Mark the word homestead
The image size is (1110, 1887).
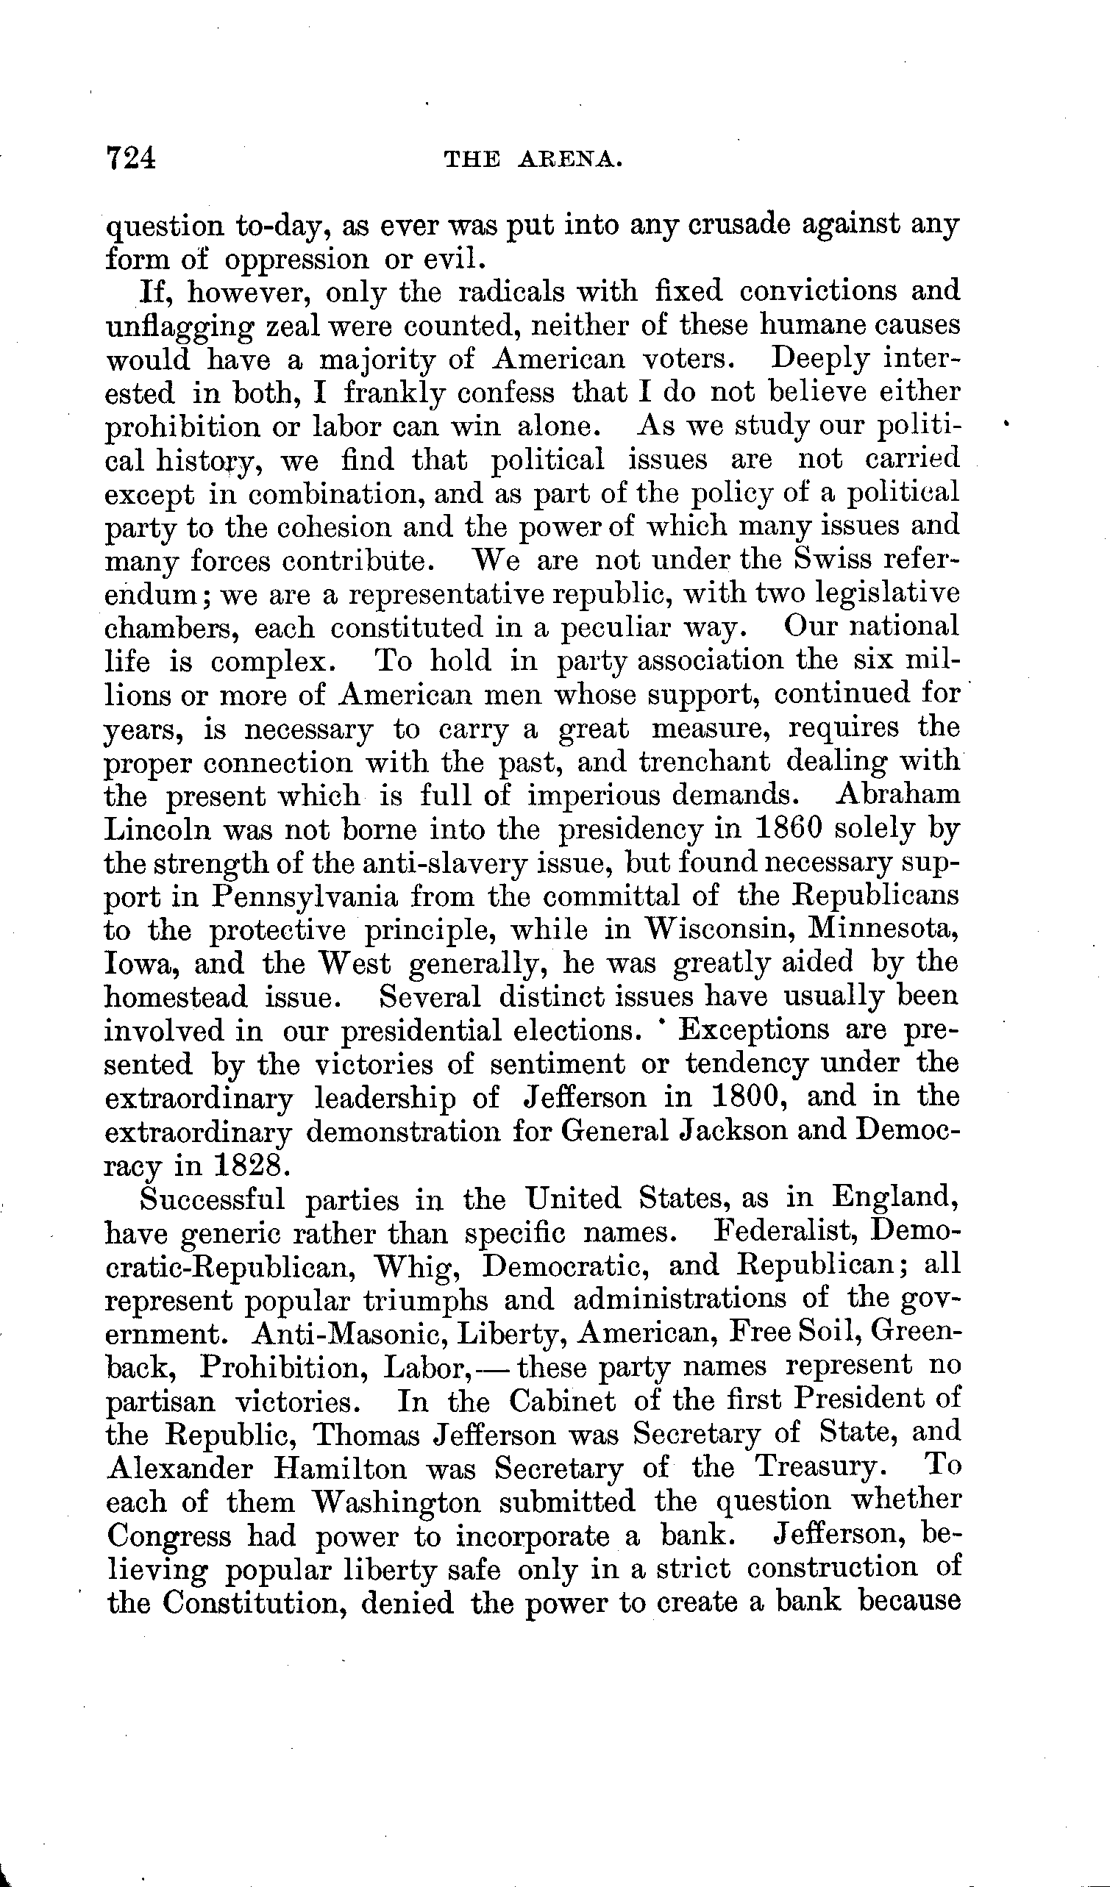pos(175,996)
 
